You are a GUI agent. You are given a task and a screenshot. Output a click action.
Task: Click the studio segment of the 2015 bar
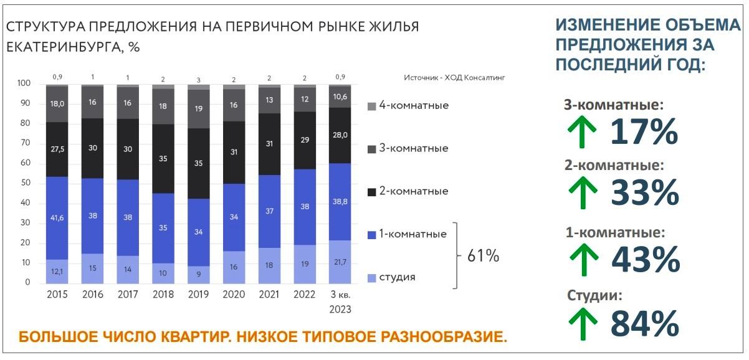(57, 271)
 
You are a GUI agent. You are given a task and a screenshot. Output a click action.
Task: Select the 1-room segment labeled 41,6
(57, 218)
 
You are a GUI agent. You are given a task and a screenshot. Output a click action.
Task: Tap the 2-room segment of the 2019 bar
(199, 163)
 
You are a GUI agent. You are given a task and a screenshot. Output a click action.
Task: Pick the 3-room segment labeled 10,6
(340, 97)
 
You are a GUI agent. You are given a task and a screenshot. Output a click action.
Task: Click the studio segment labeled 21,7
(340, 262)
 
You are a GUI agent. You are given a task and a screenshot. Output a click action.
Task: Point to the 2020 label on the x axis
(234, 295)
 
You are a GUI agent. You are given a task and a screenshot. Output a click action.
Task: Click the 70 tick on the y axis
(24, 143)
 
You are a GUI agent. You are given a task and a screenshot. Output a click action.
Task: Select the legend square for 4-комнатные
(371, 106)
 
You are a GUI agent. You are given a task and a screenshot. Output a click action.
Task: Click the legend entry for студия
(397, 277)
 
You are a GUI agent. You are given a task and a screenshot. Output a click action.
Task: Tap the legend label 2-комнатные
(414, 191)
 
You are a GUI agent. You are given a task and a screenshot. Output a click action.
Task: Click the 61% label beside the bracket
(483, 256)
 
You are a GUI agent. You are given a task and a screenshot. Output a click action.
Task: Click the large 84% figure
(644, 324)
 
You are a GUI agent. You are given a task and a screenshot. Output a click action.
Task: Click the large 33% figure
(644, 194)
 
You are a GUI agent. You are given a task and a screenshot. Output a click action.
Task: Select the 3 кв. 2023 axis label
(340, 301)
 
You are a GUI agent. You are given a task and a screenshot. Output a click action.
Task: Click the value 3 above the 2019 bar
(199, 80)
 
